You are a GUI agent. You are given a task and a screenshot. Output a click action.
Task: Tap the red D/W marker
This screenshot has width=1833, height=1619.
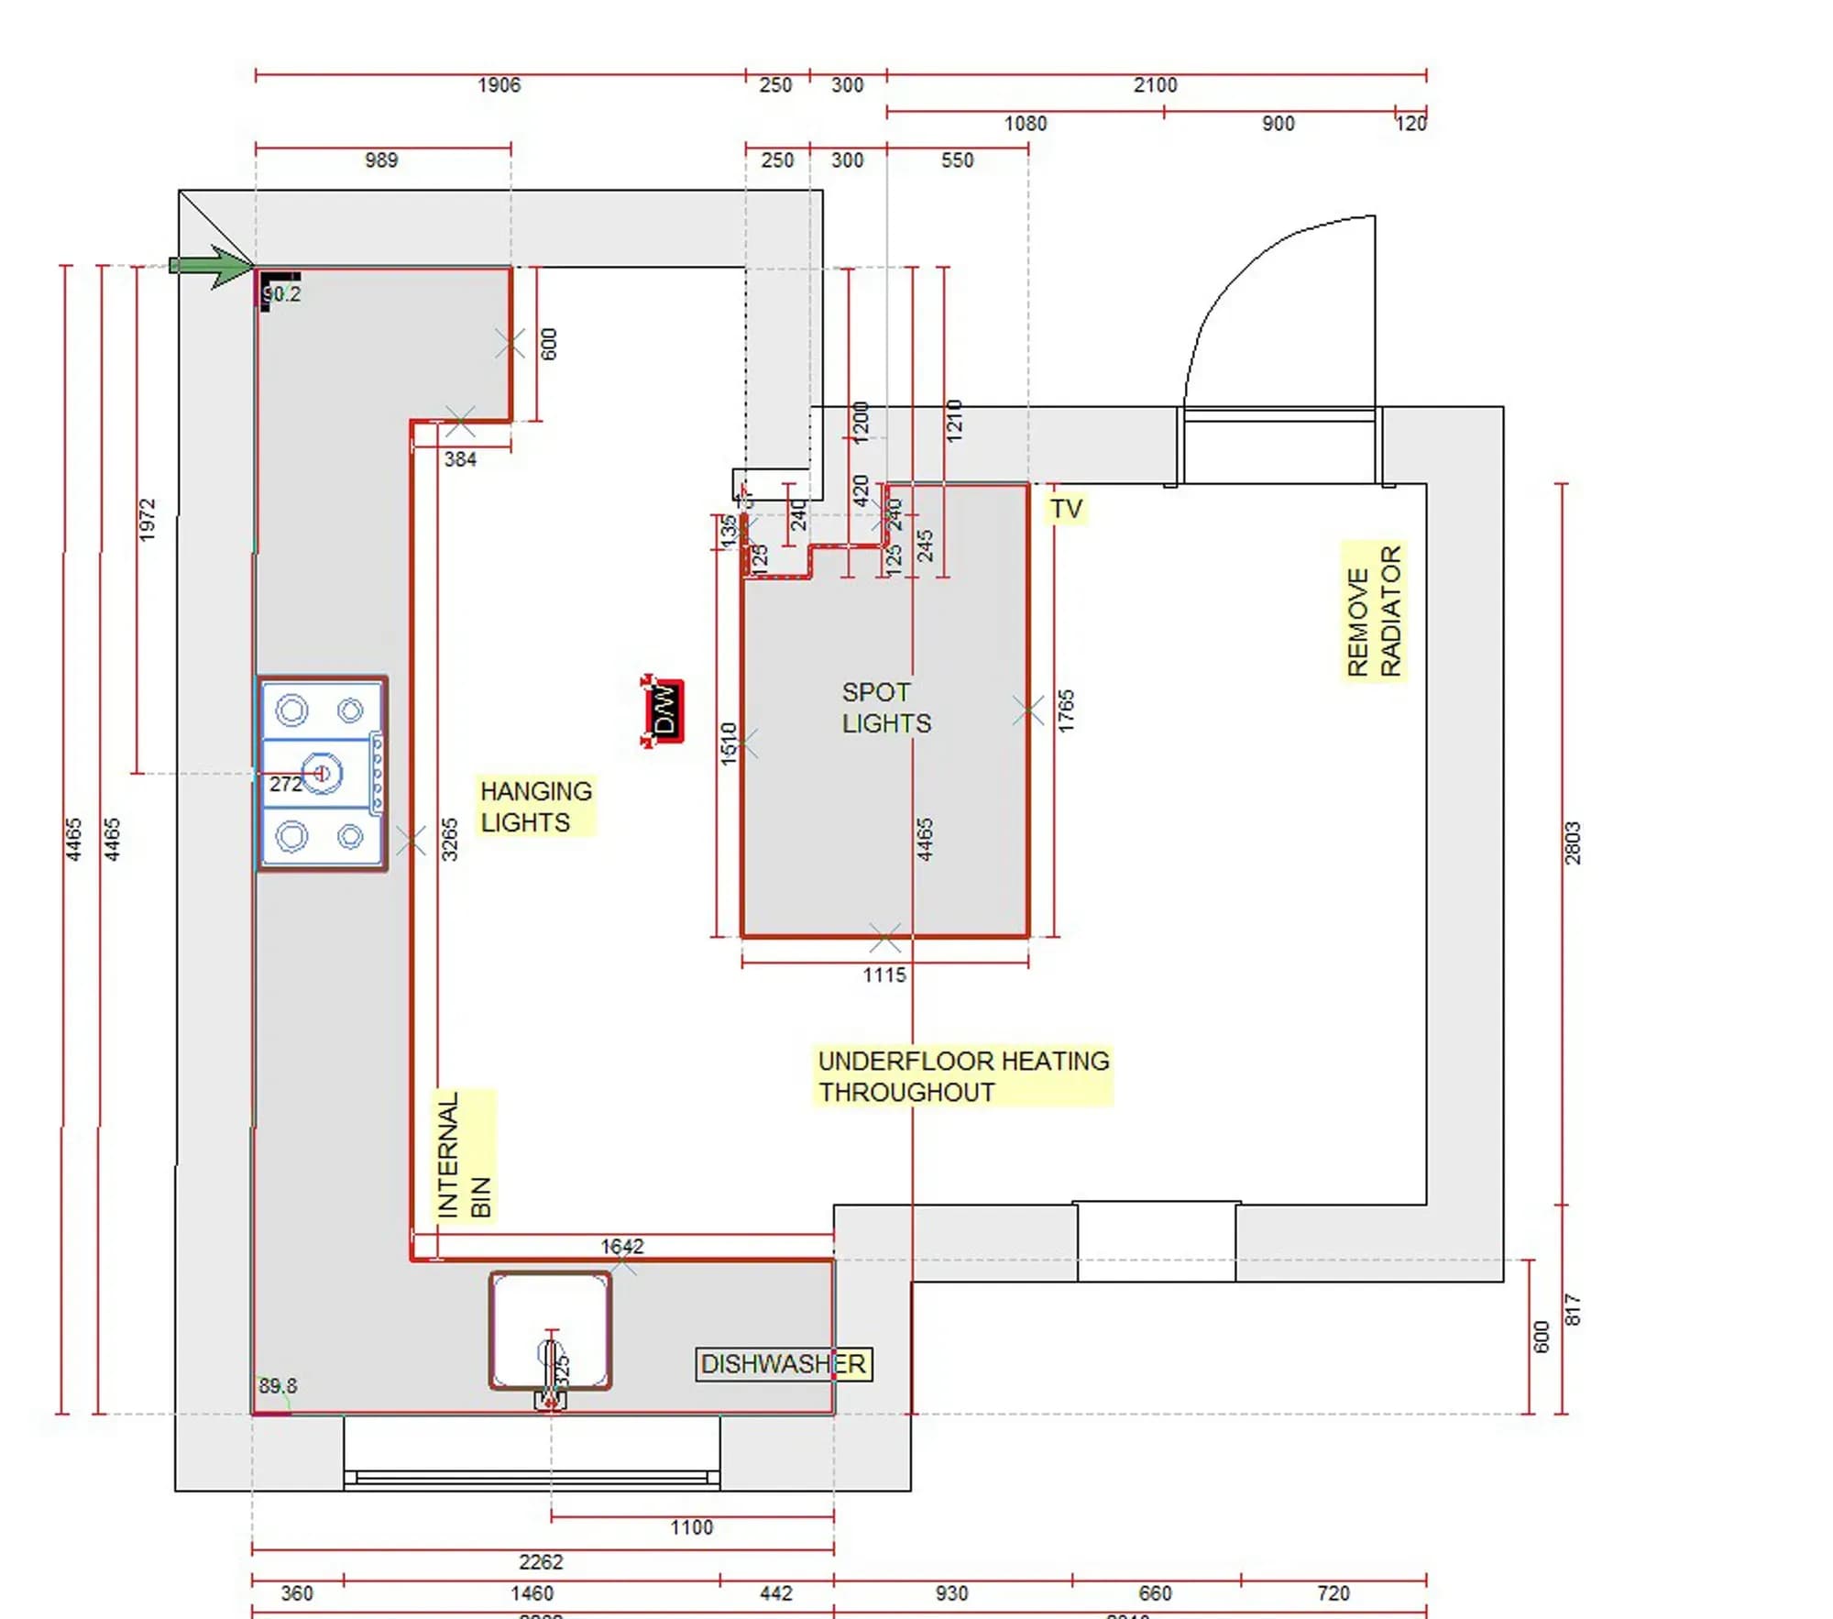point(664,711)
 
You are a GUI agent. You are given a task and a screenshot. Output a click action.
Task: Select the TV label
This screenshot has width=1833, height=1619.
point(1066,509)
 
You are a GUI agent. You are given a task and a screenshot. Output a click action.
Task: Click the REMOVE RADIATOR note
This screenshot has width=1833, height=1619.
point(1374,611)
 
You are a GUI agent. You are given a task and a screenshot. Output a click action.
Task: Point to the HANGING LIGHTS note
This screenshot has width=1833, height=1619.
point(536,806)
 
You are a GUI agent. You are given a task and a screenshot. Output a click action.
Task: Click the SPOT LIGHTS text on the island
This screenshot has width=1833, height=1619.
point(885,708)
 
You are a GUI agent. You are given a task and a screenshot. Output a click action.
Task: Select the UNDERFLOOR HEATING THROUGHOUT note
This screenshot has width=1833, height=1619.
point(962,1076)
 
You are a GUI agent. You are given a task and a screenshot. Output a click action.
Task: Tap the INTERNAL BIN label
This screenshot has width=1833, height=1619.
point(464,1156)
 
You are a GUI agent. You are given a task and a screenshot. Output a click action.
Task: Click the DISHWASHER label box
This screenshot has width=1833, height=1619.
point(784,1364)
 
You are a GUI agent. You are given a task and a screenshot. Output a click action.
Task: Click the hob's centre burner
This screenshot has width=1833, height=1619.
point(321,774)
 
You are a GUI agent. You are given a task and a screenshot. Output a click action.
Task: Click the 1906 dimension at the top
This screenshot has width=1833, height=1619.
point(499,85)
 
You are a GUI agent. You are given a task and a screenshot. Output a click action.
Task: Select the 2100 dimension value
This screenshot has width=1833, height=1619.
point(1155,85)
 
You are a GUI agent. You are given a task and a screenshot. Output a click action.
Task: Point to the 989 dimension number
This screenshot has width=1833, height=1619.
point(381,160)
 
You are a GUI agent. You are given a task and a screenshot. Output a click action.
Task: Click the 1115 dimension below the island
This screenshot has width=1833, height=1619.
point(884,975)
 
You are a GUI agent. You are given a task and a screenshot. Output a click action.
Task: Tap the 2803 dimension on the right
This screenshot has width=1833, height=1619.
point(1573,843)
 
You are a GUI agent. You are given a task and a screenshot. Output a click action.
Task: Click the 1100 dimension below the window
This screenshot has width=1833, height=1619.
point(691,1527)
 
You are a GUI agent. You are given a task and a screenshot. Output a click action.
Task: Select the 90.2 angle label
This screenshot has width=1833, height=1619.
point(281,294)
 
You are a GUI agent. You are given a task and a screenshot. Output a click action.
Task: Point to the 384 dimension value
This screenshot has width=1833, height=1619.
point(460,459)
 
